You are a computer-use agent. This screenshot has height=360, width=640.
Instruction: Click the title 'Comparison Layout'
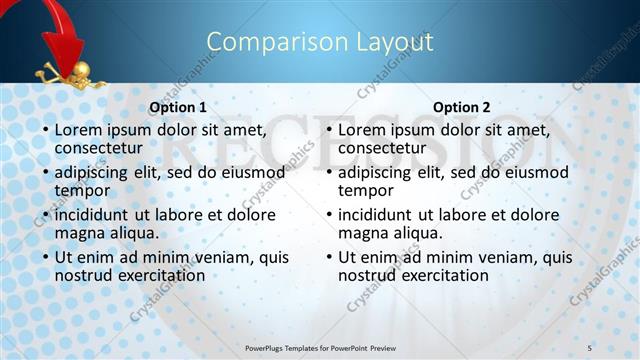point(319,42)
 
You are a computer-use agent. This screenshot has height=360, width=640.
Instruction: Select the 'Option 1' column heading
point(178,107)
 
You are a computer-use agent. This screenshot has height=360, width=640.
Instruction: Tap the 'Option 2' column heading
point(461,107)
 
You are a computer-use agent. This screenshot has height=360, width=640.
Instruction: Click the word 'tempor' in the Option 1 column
point(82,190)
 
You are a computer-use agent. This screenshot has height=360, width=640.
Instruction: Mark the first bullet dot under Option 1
point(44,130)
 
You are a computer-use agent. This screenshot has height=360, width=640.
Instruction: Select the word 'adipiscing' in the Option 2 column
point(376,172)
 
